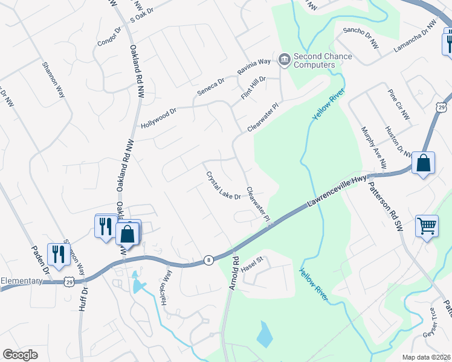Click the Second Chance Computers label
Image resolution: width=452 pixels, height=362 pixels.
323,60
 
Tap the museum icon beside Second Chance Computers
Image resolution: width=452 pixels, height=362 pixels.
284,60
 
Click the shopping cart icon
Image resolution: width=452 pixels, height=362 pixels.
427,226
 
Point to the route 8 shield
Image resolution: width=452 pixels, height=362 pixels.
209,259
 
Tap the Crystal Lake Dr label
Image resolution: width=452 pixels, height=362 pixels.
224,186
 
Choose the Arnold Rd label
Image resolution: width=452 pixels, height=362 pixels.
234,275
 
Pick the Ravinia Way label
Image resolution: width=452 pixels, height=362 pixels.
254,66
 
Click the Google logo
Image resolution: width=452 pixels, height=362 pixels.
20,355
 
